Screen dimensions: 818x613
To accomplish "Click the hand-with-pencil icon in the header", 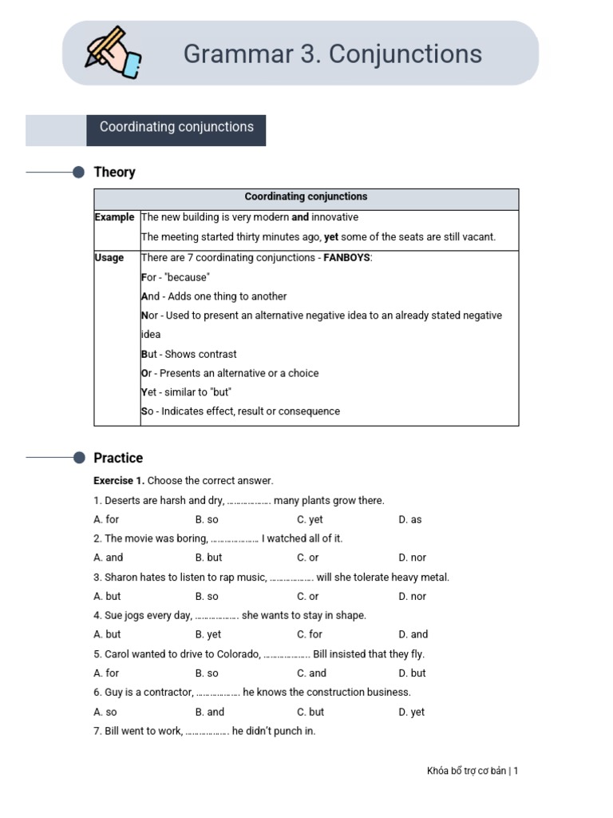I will [x=112, y=52].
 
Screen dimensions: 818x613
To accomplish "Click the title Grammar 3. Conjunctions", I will [x=332, y=54].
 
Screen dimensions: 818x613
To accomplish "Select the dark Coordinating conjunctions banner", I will [x=176, y=128].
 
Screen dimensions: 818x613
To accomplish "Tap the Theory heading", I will [x=114, y=173].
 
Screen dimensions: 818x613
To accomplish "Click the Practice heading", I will [x=118, y=459].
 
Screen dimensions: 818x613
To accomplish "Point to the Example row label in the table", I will [x=114, y=217].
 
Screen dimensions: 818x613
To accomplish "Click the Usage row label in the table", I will [x=109, y=258].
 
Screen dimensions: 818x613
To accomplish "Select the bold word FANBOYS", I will [x=346, y=258].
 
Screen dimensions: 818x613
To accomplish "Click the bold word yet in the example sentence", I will [x=331, y=237].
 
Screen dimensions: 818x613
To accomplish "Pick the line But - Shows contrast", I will [x=188, y=354].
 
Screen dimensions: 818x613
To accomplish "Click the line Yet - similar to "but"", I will [x=186, y=392].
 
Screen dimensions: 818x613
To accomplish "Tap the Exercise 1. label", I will [x=119, y=481].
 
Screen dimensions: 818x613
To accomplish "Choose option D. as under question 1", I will [x=409, y=520].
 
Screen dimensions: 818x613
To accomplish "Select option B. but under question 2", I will [x=208, y=558].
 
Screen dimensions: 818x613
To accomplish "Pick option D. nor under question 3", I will [x=412, y=597].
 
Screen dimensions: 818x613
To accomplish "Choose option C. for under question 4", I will [x=310, y=635].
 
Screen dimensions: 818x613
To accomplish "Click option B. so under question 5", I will [x=207, y=673].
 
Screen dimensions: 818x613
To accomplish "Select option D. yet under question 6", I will [x=411, y=712].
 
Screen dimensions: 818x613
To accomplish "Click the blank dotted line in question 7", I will [x=207, y=732].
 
